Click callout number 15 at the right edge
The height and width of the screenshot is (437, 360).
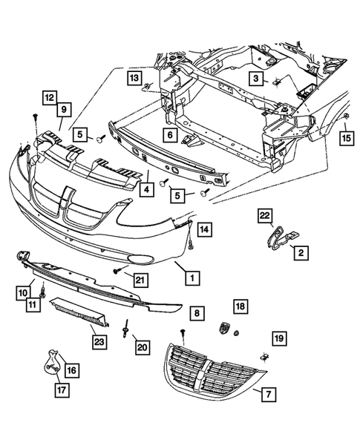[346, 137]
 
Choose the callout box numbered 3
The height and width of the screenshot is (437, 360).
[255, 79]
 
